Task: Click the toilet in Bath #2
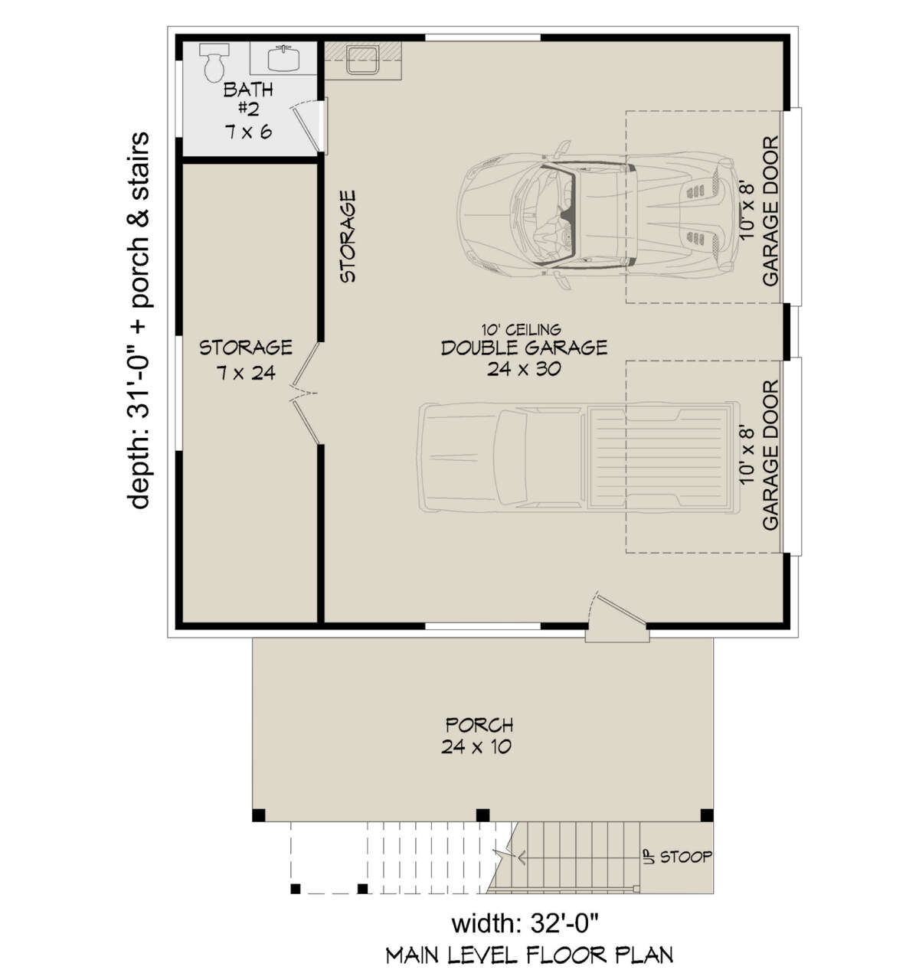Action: click(x=214, y=61)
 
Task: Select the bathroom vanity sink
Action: click(x=284, y=58)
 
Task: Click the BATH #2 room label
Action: click(x=248, y=111)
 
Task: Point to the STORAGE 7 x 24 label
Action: click(x=246, y=360)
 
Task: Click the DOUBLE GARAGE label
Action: click(x=524, y=348)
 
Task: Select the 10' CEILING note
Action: click(x=521, y=329)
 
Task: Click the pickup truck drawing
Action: click(x=578, y=458)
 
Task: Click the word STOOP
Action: click(x=685, y=857)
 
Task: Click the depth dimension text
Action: click(x=139, y=321)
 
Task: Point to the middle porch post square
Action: click(x=482, y=815)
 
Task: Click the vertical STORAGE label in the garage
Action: click(x=348, y=237)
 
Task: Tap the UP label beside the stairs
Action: click(x=649, y=857)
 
